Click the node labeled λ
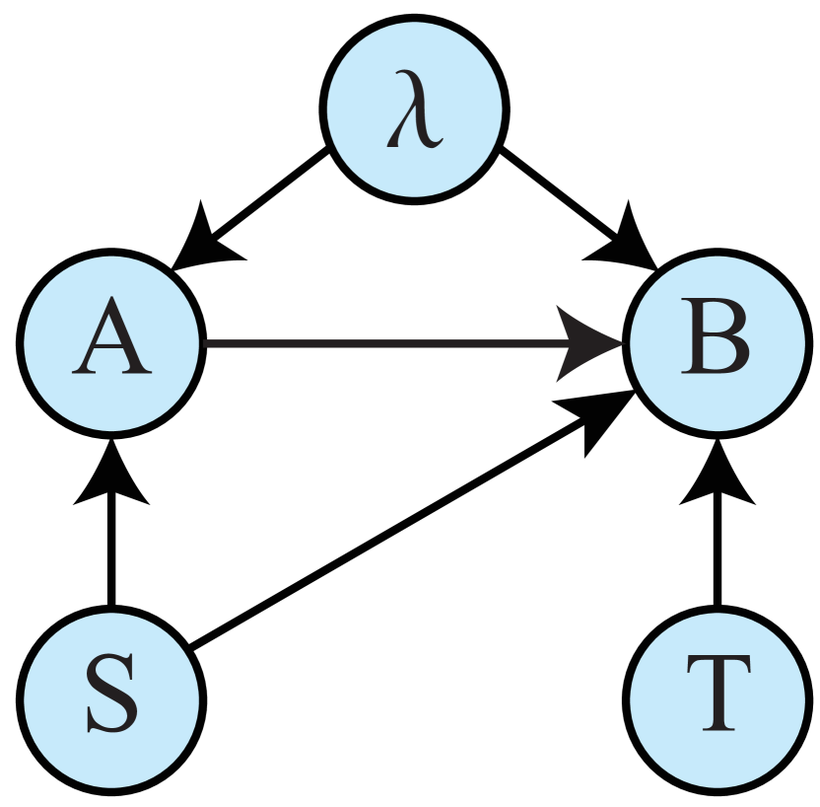click(414, 109)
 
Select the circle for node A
click(111, 343)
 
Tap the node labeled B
click(717, 343)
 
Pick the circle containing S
click(111, 699)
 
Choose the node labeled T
click(717, 699)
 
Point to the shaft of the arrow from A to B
click(375, 343)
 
